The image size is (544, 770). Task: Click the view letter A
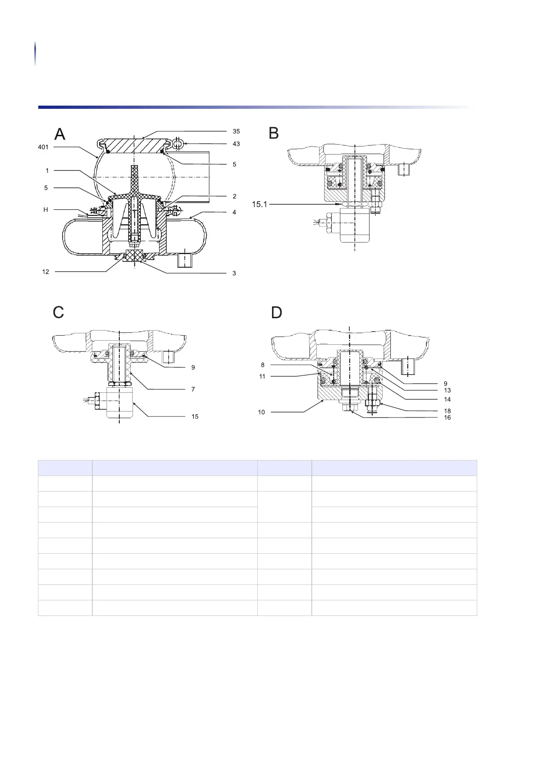(60, 134)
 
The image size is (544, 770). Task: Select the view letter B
(274, 133)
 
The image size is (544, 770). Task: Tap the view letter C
(59, 313)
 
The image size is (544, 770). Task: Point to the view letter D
(277, 313)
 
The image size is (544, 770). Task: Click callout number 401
(43, 147)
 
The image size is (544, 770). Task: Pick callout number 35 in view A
(236, 131)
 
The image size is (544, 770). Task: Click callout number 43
(236, 144)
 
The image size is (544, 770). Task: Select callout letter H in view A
(46, 210)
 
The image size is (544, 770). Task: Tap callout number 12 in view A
(46, 272)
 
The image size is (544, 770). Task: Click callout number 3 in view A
(234, 273)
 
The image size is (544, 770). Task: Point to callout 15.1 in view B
(260, 204)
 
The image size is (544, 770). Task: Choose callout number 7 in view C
(193, 390)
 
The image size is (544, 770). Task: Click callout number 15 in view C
(195, 417)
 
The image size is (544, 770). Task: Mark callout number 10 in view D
(261, 412)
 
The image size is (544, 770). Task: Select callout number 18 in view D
(447, 411)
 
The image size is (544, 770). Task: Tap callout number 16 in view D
(447, 417)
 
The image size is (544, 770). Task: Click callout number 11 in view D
(262, 376)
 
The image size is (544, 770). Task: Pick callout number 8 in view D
(263, 365)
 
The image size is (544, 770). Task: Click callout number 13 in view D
(447, 390)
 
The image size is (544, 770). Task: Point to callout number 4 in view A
(234, 213)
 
